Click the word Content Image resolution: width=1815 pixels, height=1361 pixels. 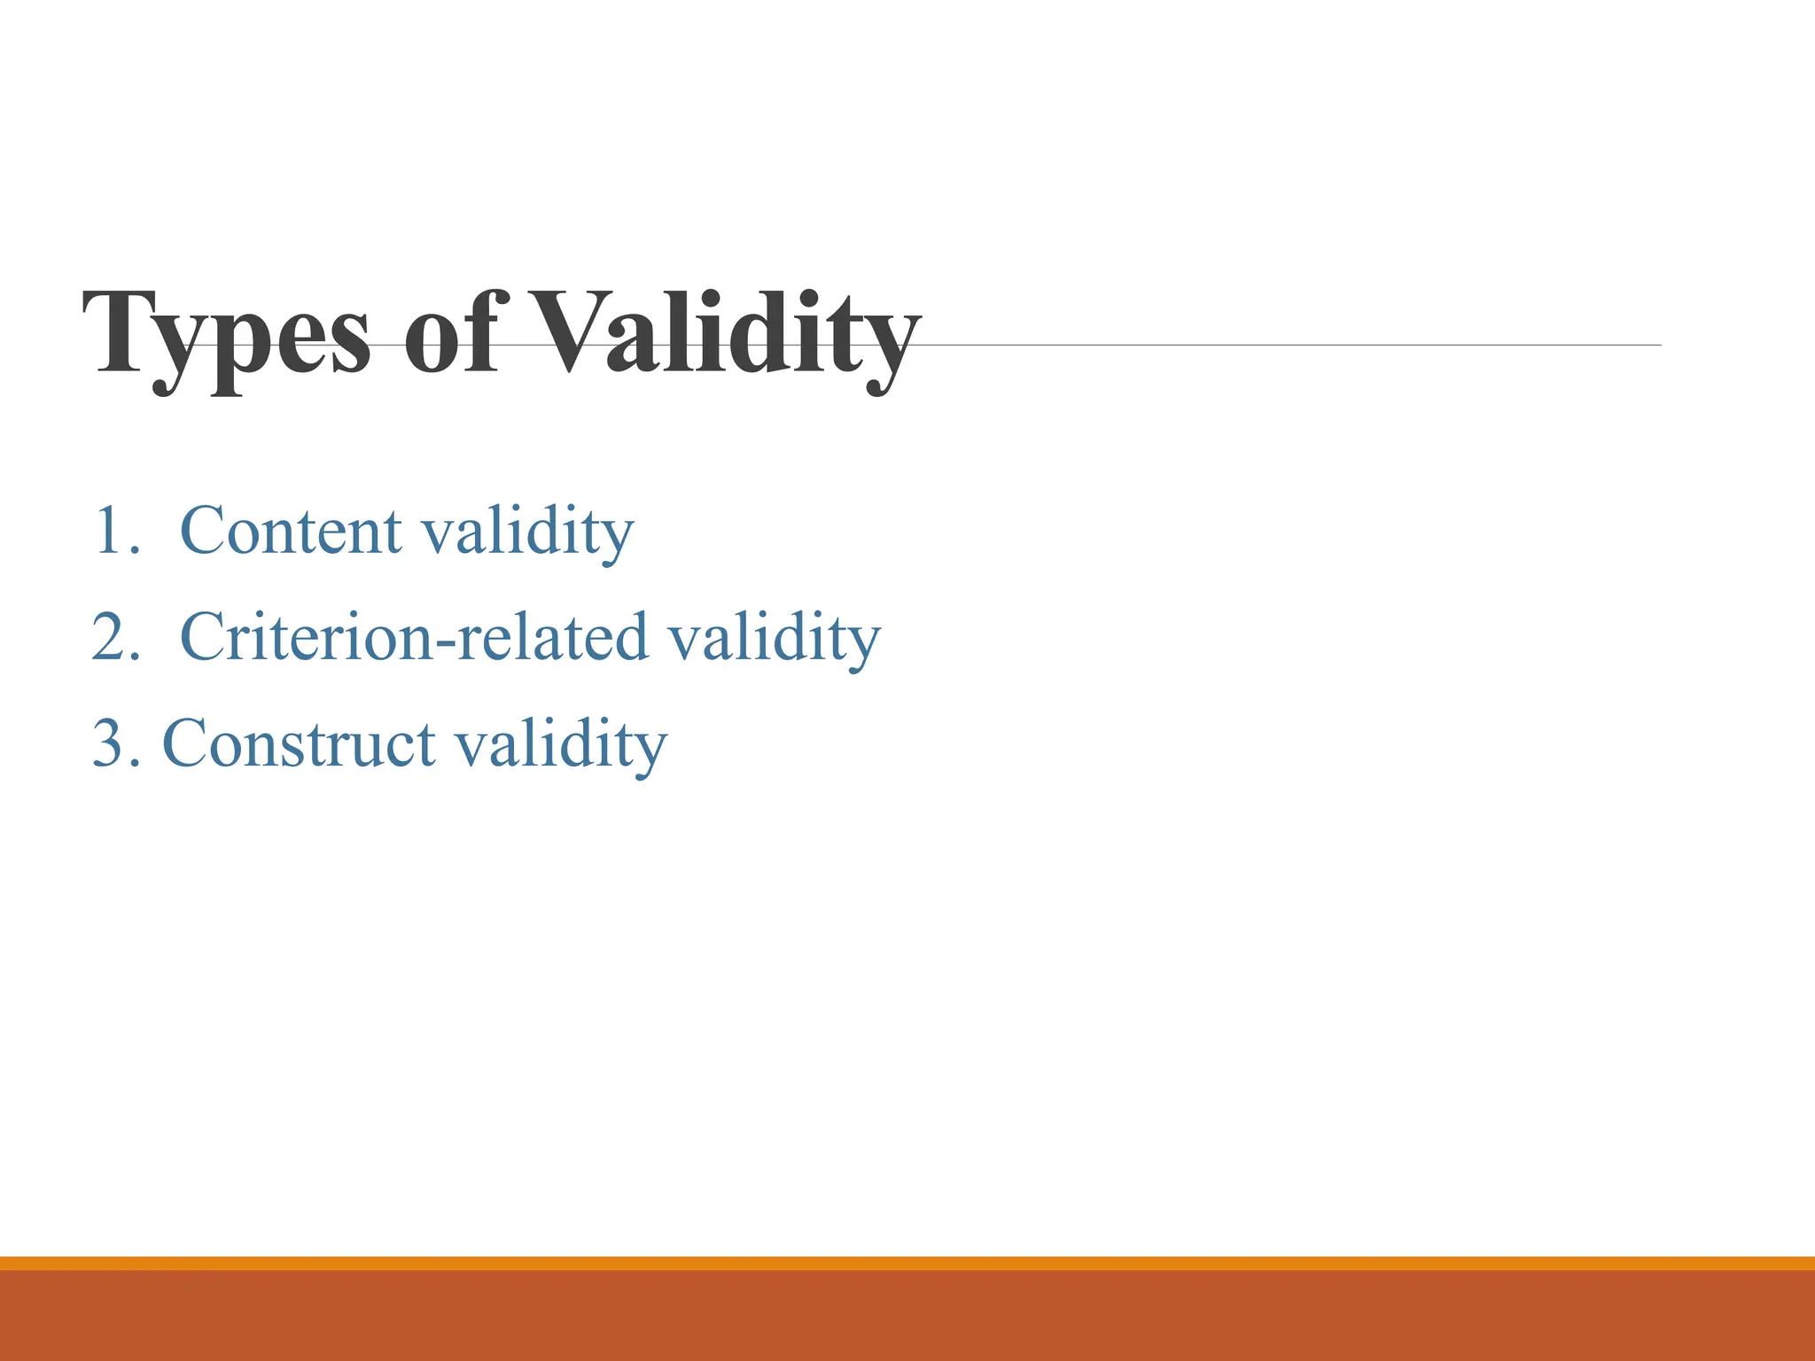[291, 531]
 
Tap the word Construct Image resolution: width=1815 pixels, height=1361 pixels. [299, 743]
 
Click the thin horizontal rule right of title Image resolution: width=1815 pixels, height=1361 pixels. [1285, 345]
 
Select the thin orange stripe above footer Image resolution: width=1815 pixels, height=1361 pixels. [907, 1263]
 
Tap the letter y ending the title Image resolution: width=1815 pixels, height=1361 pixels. [892, 350]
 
